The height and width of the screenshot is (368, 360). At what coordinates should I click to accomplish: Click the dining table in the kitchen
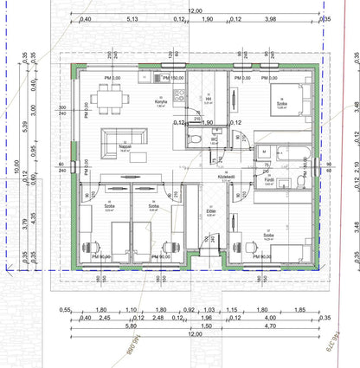pyautogui.click(x=110, y=99)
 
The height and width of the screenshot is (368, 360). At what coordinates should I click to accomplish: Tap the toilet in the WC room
pyautogui.click(x=197, y=139)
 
